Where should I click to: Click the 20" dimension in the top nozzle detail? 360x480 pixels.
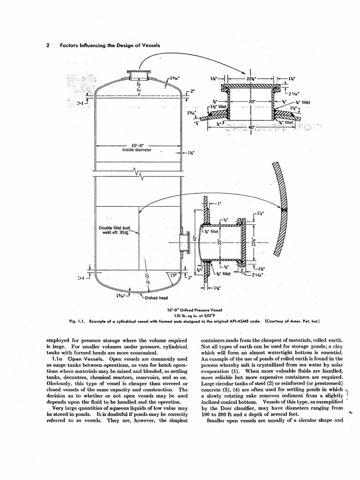click(x=254, y=101)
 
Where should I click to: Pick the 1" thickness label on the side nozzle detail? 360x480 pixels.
click(x=219, y=204)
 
